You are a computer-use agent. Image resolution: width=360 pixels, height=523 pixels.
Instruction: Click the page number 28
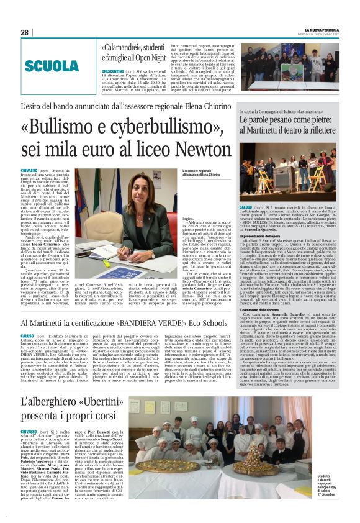(24, 32)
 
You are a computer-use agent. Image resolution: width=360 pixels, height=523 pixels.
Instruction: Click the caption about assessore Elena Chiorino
(202, 172)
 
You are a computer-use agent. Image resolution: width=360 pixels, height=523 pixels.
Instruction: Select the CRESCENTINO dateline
(114, 73)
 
